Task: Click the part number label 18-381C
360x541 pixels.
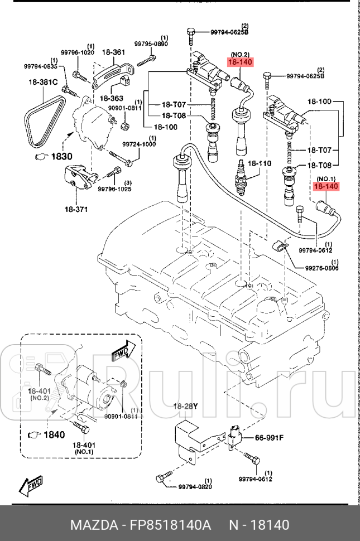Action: coord(43,83)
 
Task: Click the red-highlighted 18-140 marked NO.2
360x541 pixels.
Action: coord(239,62)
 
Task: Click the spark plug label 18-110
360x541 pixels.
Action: coord(259,163)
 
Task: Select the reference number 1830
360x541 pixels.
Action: coord(58,157)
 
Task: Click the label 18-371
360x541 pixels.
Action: coord(75,209)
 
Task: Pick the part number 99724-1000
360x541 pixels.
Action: coord(138,144)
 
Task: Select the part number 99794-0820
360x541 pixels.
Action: coord(195,487)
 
